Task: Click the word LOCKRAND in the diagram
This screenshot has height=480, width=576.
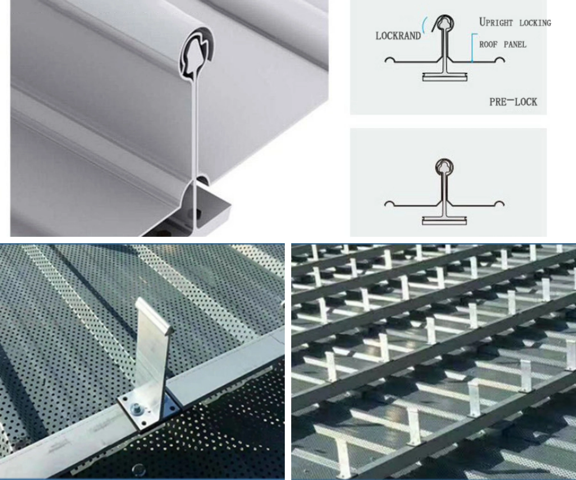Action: [x=398, y=36]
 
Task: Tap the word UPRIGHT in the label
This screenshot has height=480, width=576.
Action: [x=496, y=22]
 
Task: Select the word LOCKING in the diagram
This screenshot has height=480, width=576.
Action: [x=535, y=23]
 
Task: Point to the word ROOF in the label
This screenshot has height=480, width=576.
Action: [x=488, y=44]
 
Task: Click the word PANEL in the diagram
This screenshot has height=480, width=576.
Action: [x=515, y=44]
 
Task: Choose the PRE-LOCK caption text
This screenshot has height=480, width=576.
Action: [x=513, y=102]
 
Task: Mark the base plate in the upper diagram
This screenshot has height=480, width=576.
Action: [x=445, y=77]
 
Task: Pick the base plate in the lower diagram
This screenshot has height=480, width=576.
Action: [x=444, y=220]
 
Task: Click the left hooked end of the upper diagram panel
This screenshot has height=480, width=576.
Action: [x=389, y=60]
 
